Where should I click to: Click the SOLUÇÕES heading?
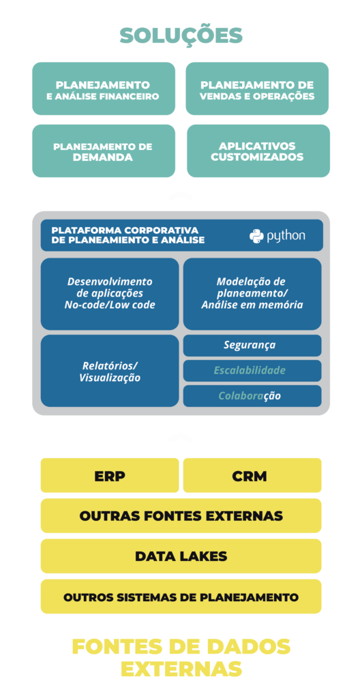pyautogui.click(x=181, y=35)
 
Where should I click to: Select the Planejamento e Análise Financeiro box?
pyautogui.click(x=104, y=89)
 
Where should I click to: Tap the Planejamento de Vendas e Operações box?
pyautogui.click(x=257, y=89)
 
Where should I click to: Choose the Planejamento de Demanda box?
pyautogui.click(x=104, y=151)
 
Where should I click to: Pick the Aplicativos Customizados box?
pyautogui.click(x=258, y=151)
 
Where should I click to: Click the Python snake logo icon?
pyautogui.click(x=256, y=235)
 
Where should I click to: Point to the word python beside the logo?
pyautogui.click(x=286, y=236)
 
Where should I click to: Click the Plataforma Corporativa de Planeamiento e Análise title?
pyautogui.click(x=128, y=235)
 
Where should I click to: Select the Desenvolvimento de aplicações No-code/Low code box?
pyautogui.click(x=110, y=294)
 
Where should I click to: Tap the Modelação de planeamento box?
pyautogui.click(x=252, y=294)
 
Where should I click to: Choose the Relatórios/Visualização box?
pyautogui.click(x=110, y=371)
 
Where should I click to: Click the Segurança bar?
pyautogui.click(x=252, y=346)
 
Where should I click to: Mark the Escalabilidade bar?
pyautogui.click(x=252, y=371)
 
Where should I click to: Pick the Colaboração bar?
pyautogui.click(x=252, y=396)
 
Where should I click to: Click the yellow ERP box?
pyautogui.click(x=110, y=475)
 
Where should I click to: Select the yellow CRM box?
pyautogui.click(x=252, y=475)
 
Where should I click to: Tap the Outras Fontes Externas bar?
pyautogui.click(x=181, y=516)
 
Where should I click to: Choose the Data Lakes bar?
pyautogui.click(x=181, y=556)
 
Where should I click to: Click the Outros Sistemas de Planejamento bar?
pyautogui.click(x=181, y=596)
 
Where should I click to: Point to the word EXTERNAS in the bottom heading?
pyautogui.click(x=181, y=668)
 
